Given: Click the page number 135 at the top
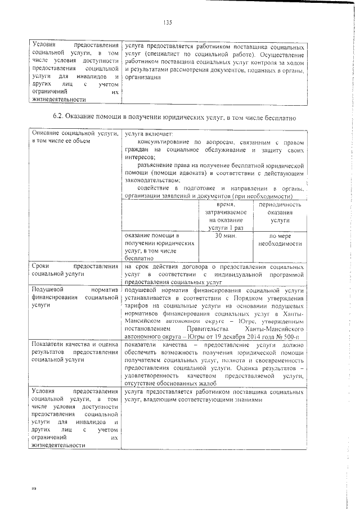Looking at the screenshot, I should pos(166,22).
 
